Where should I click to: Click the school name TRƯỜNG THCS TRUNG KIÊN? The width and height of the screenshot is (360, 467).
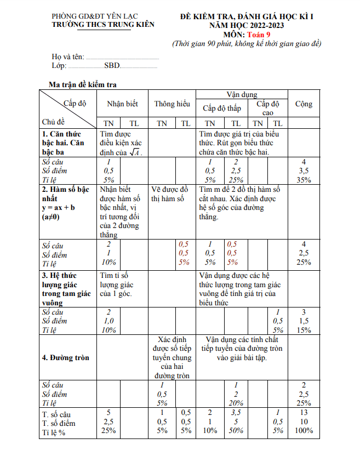pos(102,25)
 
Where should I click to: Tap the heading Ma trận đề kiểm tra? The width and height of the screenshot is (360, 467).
pos(82,84)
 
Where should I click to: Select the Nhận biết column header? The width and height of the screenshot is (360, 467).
pos(122,104)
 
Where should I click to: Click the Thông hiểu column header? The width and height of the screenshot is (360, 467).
pos(172,104)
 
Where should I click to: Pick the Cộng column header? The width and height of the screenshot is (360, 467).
pos(304,104)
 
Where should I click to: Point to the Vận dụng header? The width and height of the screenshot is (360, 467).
pos(242,95)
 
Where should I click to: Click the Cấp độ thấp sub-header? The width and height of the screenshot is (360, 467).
pos(222,108)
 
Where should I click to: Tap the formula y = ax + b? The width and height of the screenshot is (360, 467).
pos(59,208)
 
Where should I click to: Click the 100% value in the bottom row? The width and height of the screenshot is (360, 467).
pos(304,431)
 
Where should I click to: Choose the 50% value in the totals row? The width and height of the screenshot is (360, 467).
pos(236,431)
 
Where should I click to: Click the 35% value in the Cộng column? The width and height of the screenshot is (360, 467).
pos(304,180)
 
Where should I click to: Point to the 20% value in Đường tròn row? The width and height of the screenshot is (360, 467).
pos(236,403)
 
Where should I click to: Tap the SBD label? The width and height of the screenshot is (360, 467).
pos(112,66)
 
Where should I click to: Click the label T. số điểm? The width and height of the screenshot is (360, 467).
pos(61,423)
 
